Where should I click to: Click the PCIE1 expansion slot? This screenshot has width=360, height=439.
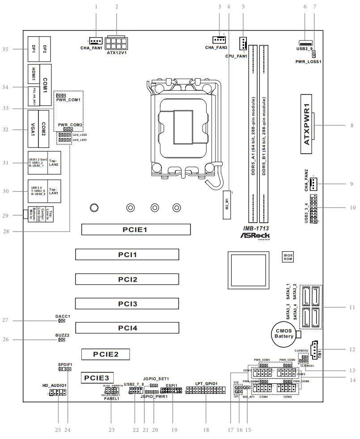tap(136, 230)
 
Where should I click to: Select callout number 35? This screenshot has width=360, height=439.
tap(5, 49)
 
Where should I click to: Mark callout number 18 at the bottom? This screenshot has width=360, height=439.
tap(206, 430)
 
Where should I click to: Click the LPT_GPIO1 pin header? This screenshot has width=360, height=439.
tap(206, 391)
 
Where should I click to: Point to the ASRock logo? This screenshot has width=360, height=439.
tap(255, 234)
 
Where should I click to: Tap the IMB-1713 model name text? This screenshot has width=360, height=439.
tap(253, 228)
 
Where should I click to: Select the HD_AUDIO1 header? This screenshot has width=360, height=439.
tap(57, 393)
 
